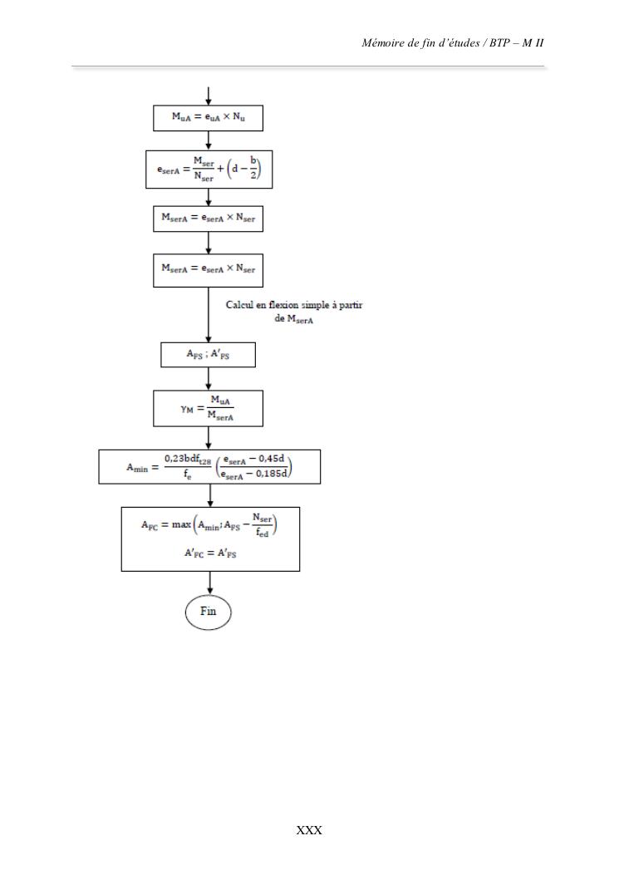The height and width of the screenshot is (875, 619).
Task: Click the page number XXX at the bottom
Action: tap(309, 830)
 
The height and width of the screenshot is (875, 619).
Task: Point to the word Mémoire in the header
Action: tap(385, 43)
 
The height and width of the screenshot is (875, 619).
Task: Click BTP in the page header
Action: tap(499, 43)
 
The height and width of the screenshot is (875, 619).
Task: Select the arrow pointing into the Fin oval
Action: tap(210, 583)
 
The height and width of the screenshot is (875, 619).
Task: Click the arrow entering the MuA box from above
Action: tap(209, 96)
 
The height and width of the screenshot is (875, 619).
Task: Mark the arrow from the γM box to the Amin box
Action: tap(209, 438)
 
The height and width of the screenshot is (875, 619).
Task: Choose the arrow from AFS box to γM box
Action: tap(209, 379)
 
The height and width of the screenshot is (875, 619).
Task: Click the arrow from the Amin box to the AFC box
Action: tap(210, 495)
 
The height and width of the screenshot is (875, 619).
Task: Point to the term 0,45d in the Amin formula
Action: tap(271, 459)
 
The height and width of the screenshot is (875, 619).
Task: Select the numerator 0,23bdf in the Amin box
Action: tap(188, 460)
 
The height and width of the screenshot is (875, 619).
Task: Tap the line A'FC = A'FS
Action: tap(210, 553)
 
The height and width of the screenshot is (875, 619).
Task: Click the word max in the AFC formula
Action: tap(181, 524)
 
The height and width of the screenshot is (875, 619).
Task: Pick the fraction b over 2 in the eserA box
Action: tap(253, 167)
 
